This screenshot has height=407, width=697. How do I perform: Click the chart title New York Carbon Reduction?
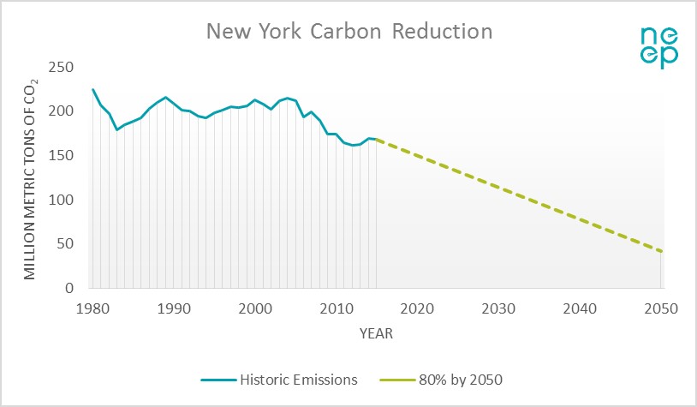point(348,33)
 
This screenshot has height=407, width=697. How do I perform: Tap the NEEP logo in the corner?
point(660,46)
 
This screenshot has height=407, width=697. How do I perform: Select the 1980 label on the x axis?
point(92,308)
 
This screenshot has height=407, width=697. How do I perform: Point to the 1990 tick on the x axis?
point(174,308)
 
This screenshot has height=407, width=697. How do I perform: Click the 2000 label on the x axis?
point(255,308)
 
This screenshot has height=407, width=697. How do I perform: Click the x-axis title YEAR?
point(376,334)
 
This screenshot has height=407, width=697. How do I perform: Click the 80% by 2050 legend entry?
point(445,378)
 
